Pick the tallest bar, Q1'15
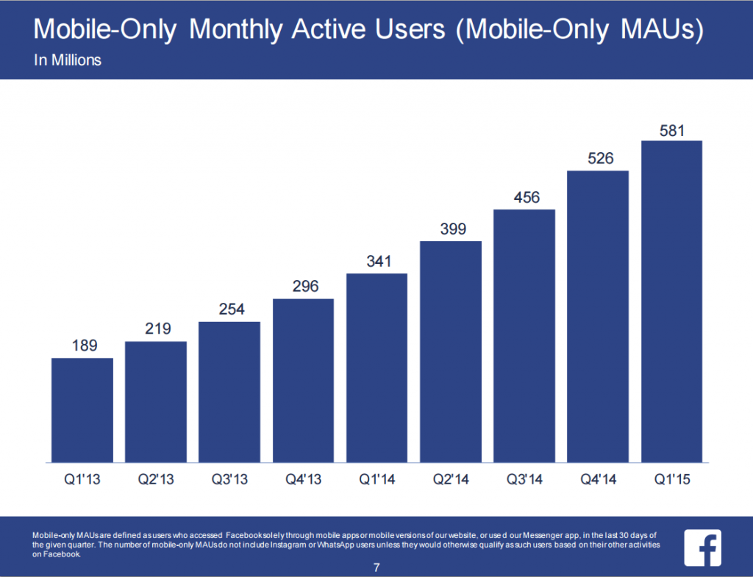(671, 301)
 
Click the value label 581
(671, 132)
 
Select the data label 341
(376, 261)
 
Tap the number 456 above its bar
(524, 198)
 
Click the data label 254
(229, 309)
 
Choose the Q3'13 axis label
(229, 481)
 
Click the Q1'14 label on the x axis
(376, 481)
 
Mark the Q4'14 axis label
(598, 481)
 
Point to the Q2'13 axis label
(156, 481)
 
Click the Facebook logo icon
(703, 547)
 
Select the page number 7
(376, 567)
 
